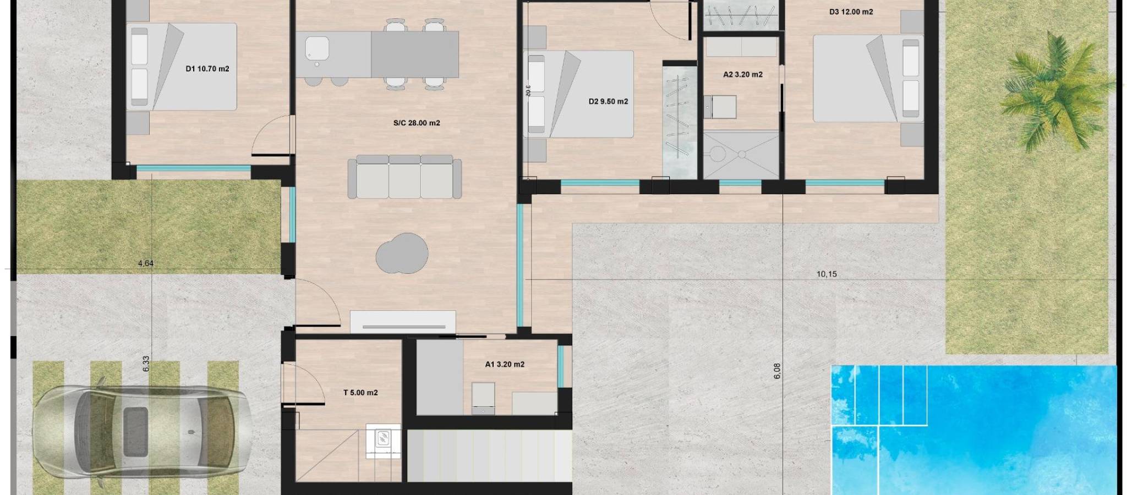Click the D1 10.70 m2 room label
207,69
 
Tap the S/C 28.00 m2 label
417,123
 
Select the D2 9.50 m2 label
608,101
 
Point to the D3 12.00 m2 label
851,12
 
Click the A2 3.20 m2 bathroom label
743,74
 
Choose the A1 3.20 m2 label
505,364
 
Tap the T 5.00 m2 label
360,393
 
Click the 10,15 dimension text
827,274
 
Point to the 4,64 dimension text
146,263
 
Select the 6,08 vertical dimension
777,371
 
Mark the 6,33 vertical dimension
146,364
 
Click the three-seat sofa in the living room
404,177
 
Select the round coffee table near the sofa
402,254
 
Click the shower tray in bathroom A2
740,155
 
